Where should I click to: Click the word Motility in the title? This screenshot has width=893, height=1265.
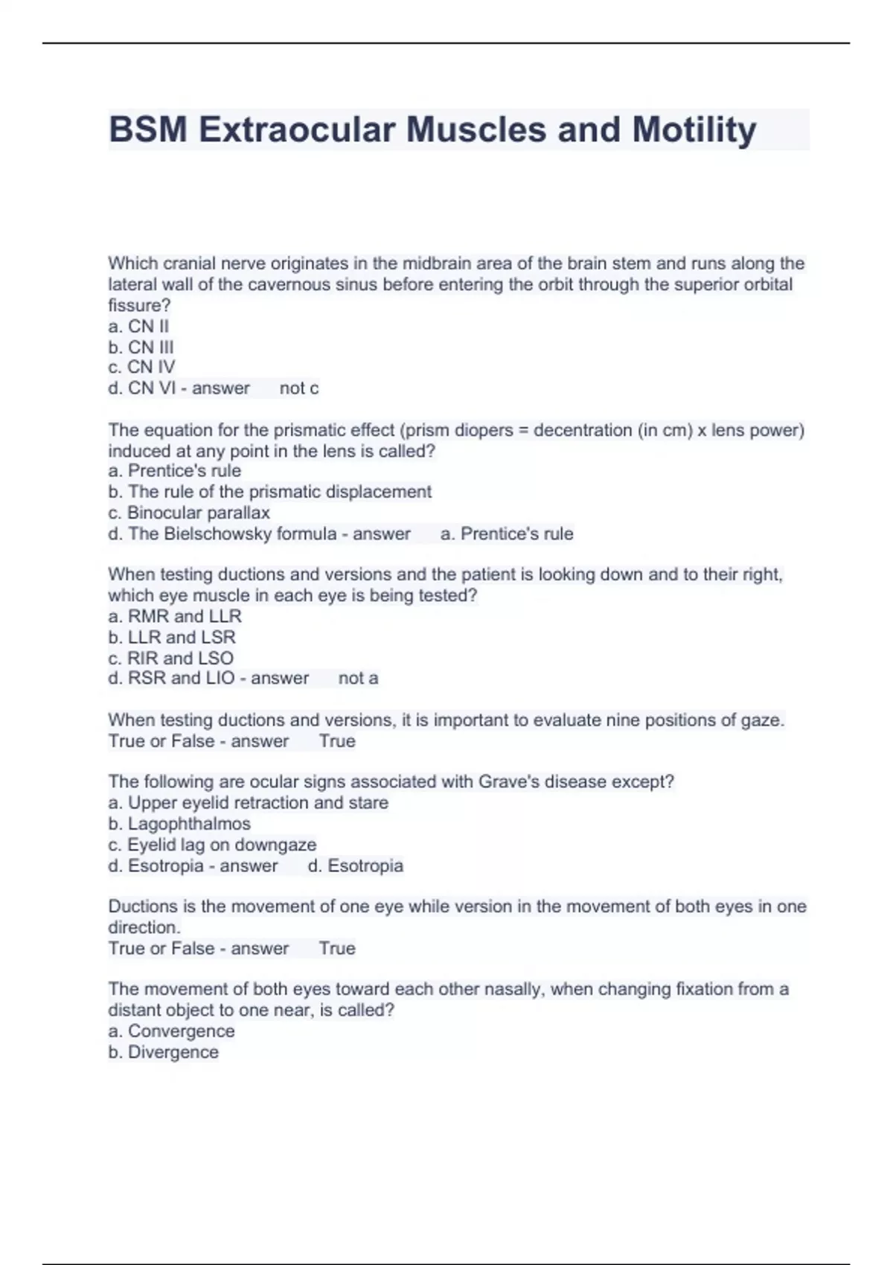[694, 129]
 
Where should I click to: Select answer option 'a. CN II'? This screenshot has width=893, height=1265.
[138, 326]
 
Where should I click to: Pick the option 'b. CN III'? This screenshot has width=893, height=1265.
[141, 347]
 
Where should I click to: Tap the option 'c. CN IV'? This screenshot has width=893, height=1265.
[141, 367]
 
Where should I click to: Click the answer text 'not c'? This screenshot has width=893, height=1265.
[299, 388]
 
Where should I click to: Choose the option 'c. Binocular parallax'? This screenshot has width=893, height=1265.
[189, 513]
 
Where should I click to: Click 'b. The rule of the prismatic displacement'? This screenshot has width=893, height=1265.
[269, 492]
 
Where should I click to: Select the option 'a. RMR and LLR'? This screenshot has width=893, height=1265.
[175, 616]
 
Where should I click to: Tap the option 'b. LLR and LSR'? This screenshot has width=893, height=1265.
[172, 637]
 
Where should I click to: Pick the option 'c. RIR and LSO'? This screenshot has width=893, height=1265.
[170, 658]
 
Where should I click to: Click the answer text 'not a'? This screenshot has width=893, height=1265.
[358, 678]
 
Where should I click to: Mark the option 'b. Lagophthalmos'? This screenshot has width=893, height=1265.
[179, 824]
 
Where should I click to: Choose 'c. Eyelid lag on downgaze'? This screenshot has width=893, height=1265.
[212, 845]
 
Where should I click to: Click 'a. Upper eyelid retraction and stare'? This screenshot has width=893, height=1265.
[248, 803]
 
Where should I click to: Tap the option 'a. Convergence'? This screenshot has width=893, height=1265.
[171, 1031]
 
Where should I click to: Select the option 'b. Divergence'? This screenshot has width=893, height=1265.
[164, 1051]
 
